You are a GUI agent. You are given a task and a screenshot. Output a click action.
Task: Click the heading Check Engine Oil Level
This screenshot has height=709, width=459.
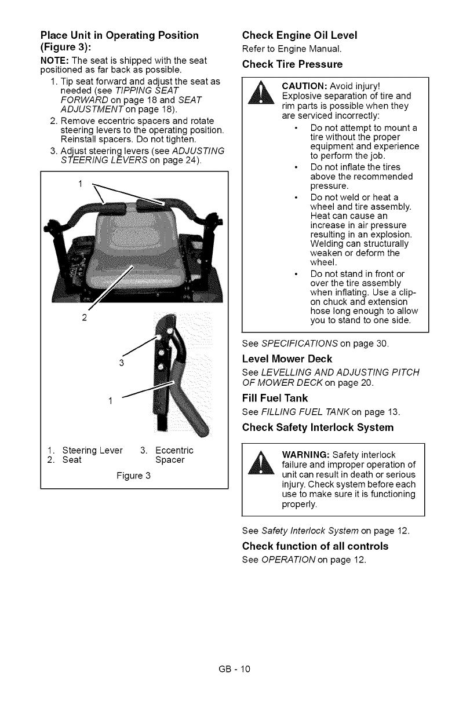point(299,34)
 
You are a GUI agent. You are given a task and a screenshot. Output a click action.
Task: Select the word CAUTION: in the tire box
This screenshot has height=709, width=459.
point(303,86)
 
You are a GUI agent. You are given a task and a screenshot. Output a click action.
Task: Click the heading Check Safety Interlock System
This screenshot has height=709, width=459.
point(318,427)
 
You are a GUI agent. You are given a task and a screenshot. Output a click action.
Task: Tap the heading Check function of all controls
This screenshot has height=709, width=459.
point(315,546)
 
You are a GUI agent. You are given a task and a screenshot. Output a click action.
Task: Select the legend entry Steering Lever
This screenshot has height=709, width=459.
point(92,450)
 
